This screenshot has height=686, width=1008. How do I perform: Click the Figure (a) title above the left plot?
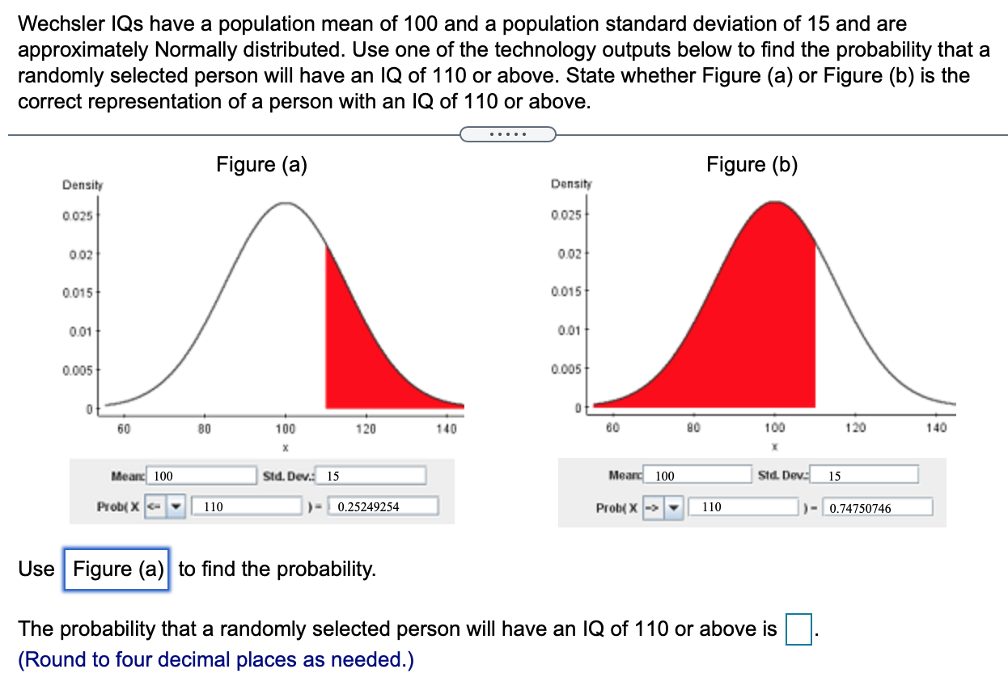point(261,164)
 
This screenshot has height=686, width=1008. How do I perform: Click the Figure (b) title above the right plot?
point(752,164)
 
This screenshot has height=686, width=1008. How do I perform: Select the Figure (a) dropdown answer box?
point(117,570)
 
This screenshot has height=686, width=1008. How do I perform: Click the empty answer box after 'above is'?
point(799,629)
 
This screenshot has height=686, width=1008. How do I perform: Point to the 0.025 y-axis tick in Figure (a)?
point(78,215)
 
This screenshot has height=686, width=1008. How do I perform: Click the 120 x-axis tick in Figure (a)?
point(366,428)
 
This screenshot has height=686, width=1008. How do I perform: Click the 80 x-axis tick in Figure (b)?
point(692,427)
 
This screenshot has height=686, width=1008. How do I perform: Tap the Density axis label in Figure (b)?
point(571,184)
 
